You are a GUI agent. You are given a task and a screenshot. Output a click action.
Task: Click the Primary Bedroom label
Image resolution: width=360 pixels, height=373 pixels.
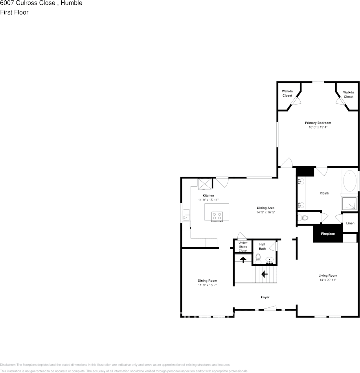[318, 123]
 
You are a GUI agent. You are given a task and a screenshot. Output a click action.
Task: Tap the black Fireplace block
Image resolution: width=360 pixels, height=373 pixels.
[328, 233]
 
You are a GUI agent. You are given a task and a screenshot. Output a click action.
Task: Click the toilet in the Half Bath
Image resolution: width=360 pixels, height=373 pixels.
[258, 258]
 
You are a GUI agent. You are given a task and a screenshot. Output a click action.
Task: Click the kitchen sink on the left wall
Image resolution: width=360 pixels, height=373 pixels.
[186, 215]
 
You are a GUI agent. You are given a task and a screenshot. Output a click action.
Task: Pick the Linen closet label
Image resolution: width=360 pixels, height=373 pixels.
[350, 223]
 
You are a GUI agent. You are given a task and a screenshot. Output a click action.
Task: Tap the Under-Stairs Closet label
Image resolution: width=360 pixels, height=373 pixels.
[243, 246]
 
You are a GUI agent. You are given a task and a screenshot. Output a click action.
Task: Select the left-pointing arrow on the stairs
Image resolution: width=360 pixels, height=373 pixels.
[264, 274]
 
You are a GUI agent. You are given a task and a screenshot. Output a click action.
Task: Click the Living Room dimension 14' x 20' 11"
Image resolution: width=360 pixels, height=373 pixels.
[328, 280]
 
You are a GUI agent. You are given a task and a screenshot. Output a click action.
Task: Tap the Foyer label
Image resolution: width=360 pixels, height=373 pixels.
[265, 297]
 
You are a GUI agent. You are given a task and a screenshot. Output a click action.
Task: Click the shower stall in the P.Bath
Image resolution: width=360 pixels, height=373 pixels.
[349, 203]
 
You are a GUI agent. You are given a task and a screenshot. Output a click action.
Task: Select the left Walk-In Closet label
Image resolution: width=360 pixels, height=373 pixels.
[287, 94]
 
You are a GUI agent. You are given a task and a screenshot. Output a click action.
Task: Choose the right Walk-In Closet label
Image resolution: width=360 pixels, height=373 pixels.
[349, 94]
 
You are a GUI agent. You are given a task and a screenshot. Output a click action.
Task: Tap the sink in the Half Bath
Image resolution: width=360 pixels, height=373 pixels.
[270, 259]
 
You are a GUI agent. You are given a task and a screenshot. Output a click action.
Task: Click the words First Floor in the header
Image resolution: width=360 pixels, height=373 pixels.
[14, 12]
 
